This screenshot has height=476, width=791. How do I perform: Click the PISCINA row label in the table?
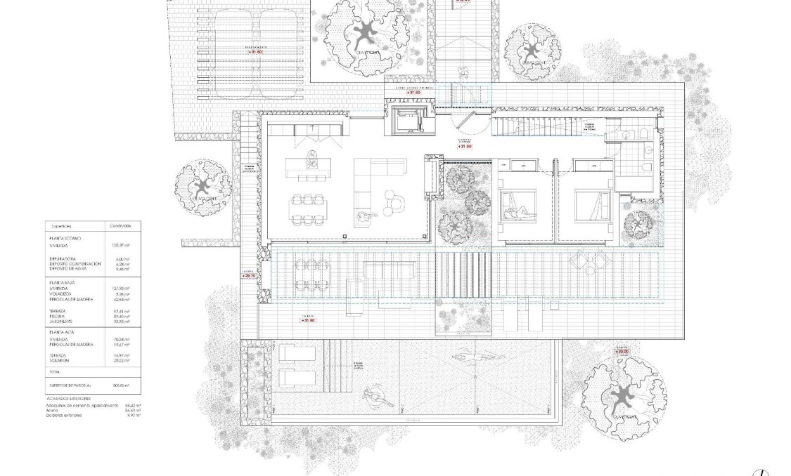point(58,317)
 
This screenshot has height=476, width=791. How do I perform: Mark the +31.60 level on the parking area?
point(255,51)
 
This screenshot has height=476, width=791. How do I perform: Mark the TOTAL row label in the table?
point(55,371)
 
